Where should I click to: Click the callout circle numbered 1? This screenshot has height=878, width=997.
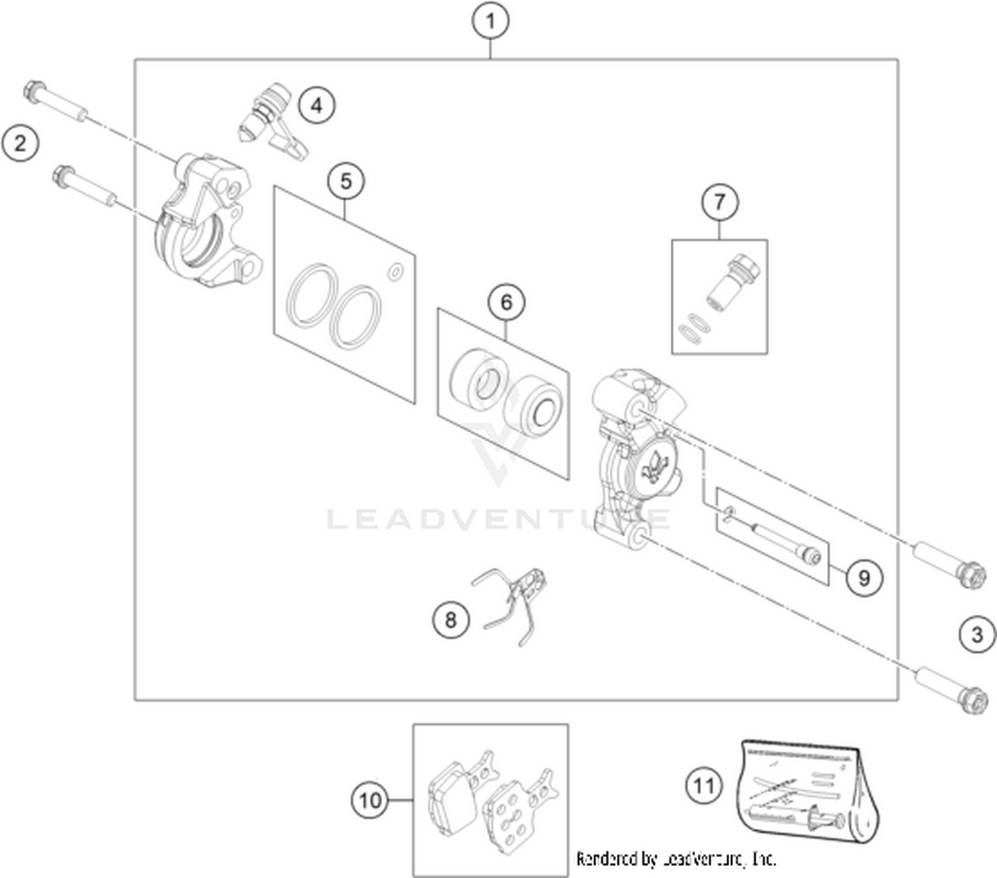click(x=490, y=21)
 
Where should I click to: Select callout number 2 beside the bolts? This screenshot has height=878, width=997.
click(x=20, y=144)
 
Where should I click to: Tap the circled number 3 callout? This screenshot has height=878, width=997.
click(x=977, y=634)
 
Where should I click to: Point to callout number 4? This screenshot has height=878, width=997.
click(x=316, y=105)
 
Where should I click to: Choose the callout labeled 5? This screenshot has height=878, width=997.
click(x=346, y=181)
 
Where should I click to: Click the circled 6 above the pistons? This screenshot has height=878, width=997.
click(x=506, y=302)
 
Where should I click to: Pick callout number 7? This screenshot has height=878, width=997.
click(x=719, y=202)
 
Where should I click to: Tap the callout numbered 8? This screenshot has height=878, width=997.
click(x=451, y=620)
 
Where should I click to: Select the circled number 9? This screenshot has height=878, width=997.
click(x=864, y=578)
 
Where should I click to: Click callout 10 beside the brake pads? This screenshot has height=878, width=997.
click(x=370, y=801)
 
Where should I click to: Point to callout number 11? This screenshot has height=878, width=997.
click(x=704, y=786)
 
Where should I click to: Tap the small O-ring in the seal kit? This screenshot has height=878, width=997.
click(x=395, y=272)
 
